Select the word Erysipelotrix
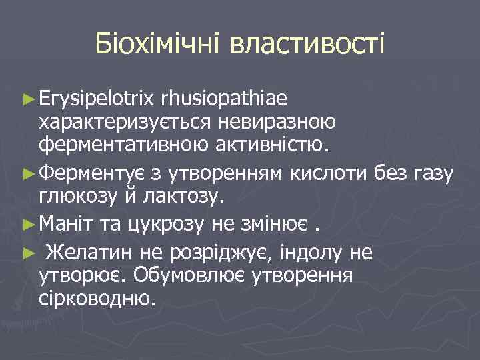tap(97, 100)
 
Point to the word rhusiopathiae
tap(224, 100)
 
